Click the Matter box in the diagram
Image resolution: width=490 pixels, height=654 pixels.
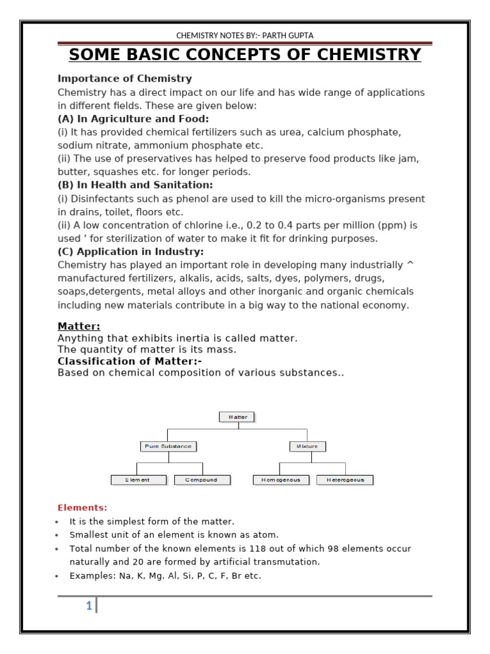[x=237, y=417]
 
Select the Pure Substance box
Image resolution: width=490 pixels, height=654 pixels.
[x=168, y=446]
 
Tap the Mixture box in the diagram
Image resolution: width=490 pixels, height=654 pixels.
[x=308, y=446]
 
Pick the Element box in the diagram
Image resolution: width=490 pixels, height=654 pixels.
[x=138, y=480]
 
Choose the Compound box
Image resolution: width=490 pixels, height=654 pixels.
[x=202, y=480]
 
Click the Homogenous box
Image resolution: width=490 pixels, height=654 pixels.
[x=281, y=480]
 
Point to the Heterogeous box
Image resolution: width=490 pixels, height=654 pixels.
[x=345, y=480]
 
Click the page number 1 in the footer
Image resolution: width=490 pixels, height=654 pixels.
[x=89, y=606]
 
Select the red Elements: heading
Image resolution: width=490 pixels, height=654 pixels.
[x=82, y=508]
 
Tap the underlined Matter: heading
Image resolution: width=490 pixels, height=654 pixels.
[x=78, y=326]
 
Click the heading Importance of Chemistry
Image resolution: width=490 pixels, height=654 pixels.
[x=124, y=79]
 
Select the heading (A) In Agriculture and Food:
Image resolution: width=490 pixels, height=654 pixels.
[x=133, y=119]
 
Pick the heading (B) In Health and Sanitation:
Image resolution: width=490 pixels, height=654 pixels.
[x=135, y=185]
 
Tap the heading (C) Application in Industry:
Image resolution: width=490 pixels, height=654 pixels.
[x=131, y=252]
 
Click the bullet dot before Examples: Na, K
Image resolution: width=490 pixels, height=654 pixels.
[x=58, y=576]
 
